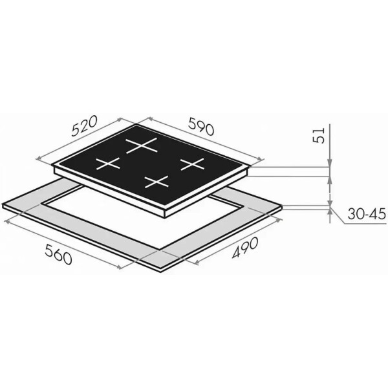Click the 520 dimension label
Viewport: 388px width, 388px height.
83,125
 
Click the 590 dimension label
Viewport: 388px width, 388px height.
201,126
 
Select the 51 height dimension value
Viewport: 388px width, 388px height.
318,135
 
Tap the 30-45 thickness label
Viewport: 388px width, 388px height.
367,214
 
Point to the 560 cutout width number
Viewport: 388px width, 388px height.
59,253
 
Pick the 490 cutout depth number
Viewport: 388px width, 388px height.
244,248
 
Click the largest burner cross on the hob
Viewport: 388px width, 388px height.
142,145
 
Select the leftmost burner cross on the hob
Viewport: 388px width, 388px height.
108,164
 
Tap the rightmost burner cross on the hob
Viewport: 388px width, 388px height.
193,164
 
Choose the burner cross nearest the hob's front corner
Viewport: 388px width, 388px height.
156,182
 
